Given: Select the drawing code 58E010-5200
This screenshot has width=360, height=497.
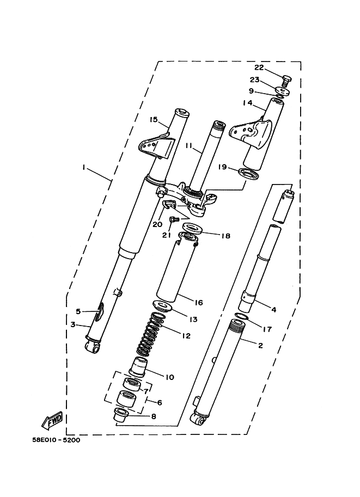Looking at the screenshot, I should pyautogui.click(x=56, y=440).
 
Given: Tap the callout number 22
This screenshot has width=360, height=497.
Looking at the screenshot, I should pyautogui.click(x=259, y=68).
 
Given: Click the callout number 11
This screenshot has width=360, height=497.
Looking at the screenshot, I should pyautogui.click(x=189, y=146).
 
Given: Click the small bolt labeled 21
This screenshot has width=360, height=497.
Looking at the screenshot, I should pyautogui.click(x=173, y=220).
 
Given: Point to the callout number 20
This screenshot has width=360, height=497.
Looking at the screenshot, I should pyautogui.click(x=158, y=224).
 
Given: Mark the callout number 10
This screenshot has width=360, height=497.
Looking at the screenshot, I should pyautogui.click(x=169, y=377).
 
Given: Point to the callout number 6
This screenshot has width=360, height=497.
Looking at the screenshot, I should pyautogui.click(x=160, y=402).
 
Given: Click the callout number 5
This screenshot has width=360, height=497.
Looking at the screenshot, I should pyautogui.click(x=78, y=311).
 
